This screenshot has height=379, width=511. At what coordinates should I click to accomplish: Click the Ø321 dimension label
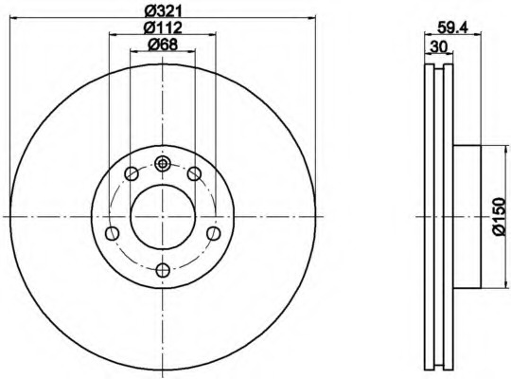point(163,10)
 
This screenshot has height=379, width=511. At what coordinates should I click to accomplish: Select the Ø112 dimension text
point(163,27)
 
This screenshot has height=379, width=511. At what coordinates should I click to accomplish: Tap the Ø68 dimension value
point(163,45)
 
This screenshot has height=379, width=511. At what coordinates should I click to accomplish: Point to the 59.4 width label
point(452,27)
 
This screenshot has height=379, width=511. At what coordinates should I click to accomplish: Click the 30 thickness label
point(438,47)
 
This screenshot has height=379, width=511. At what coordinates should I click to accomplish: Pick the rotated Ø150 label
point(499,216)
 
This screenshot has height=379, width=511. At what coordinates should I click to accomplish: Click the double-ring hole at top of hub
point(163,164)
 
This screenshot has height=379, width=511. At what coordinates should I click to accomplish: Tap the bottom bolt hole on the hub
point(163,270)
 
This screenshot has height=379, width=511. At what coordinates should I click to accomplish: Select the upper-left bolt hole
point(132,173)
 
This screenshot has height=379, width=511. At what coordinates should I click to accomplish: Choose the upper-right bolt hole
point(194,173)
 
